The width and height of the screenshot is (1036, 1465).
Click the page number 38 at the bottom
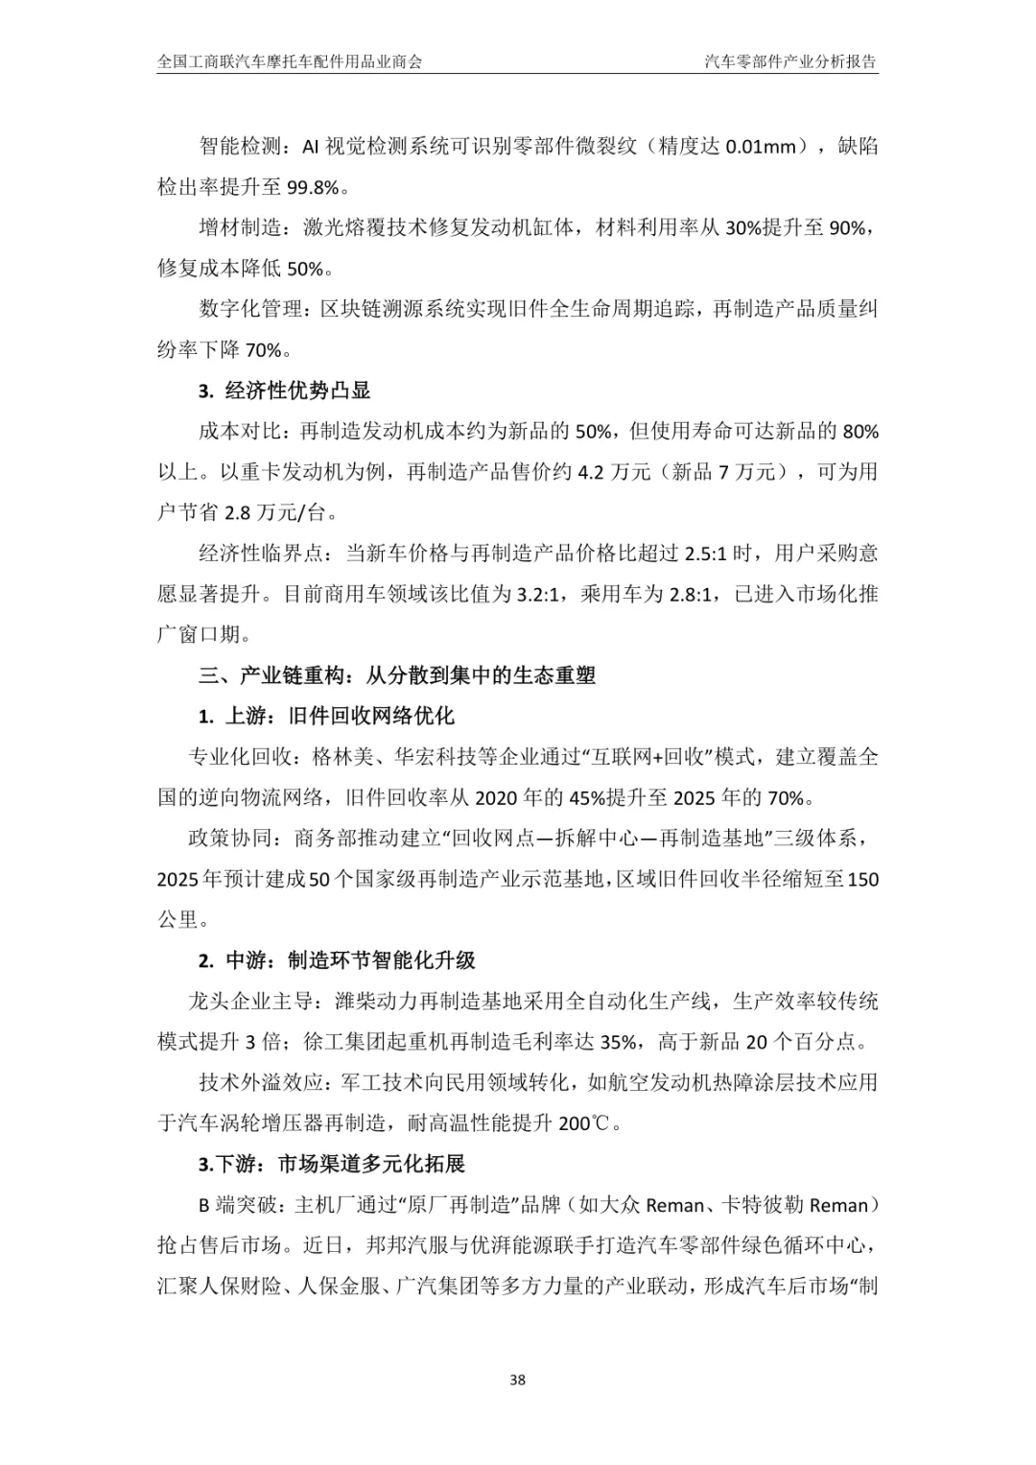518,1381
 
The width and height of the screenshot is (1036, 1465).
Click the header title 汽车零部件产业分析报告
790,62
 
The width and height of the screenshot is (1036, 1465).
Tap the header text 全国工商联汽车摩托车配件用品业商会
290,62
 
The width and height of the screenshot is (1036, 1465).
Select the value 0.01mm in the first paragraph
761,147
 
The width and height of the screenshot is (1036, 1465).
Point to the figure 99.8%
313,188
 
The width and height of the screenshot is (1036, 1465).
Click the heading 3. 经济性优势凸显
284,390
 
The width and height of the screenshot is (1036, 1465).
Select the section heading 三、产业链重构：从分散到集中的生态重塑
397,675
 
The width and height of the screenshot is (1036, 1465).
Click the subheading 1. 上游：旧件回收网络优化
326,716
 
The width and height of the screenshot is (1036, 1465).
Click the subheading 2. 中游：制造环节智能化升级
337,960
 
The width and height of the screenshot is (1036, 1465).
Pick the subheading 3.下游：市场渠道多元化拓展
332,1165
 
